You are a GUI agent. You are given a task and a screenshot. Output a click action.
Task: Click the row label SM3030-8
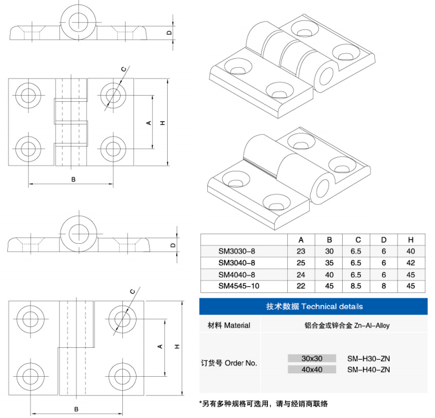point(236,251)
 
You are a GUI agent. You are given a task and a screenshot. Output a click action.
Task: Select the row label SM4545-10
point(238,286)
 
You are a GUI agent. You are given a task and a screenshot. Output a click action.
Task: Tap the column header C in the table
point(358,240)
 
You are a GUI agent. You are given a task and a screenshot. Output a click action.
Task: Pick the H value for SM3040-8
point(411,263)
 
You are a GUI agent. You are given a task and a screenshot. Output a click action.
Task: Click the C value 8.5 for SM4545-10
point(356,286)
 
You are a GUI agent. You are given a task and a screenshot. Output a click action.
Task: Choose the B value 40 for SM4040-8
point(329,275)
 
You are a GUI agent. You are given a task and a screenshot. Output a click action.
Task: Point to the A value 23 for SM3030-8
point(301,251)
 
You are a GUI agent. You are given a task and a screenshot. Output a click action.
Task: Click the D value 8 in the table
point(383,286)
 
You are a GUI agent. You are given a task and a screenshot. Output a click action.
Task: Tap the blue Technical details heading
point(314,307)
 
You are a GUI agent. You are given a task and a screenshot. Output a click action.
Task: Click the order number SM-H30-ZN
point(368,359)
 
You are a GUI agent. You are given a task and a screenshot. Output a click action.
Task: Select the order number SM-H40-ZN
point(368,369)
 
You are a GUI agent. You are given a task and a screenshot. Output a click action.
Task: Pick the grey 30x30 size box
point(312,359)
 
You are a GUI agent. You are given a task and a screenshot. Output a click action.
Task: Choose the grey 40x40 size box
point(312,369)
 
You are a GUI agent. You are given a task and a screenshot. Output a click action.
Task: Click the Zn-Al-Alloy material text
point(372,325)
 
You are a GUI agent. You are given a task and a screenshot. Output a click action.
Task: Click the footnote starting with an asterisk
point(263,404)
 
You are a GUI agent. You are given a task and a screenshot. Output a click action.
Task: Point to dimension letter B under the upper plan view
point(73,179)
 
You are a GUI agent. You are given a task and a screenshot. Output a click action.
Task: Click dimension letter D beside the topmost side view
point(169,33)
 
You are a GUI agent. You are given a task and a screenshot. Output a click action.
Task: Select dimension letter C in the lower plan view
point(133,291)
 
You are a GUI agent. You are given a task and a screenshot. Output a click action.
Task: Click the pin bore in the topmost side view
point(79,22)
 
